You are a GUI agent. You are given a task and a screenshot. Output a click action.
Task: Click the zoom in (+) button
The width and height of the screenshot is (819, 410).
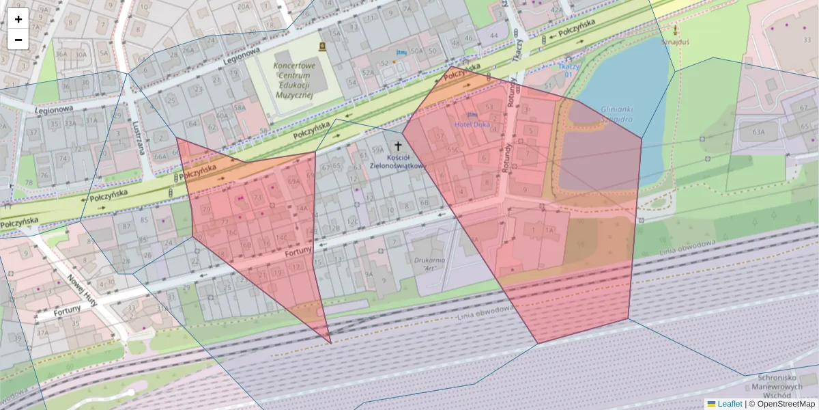pos(18,18)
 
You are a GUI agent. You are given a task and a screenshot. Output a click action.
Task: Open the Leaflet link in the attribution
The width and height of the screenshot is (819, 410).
pos(729,404)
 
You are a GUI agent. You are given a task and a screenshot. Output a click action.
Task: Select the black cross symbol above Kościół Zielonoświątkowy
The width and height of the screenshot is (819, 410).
pos(399,146)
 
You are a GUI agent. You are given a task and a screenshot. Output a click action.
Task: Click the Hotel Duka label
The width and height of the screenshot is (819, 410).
pos(472,124)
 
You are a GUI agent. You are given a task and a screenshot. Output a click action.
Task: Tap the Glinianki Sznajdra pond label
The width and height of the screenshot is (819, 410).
pos(616,113)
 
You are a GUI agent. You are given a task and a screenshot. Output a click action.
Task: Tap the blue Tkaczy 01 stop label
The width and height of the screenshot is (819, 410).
pos(569,70)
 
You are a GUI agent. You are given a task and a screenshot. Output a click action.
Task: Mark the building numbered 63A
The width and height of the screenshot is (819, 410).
pos(758,131)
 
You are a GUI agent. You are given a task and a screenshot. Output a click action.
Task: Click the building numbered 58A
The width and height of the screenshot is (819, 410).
pos(240,108)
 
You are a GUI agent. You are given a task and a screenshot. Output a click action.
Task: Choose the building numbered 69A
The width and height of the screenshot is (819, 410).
pos(294,182)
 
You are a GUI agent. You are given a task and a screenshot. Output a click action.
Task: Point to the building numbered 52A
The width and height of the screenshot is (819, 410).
pos(369,72)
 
